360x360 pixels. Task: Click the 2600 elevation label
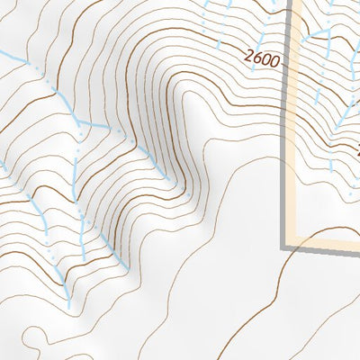[x=261, y=60]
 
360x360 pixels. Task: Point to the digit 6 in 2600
[x=256, y=59]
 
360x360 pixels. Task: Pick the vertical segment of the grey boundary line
[x=290, y=135]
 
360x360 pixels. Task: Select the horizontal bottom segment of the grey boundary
[x=324, y=246]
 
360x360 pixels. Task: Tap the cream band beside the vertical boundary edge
[x=298, y=135]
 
